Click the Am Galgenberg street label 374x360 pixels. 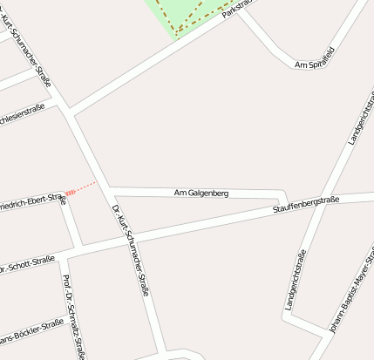pos(201,193)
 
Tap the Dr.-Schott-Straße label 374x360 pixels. pos(27,264)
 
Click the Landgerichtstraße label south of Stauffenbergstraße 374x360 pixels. pos(296,280)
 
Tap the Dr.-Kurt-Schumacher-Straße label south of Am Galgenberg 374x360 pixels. pos(131,249)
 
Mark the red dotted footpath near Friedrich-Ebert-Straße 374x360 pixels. pos(85,187)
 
